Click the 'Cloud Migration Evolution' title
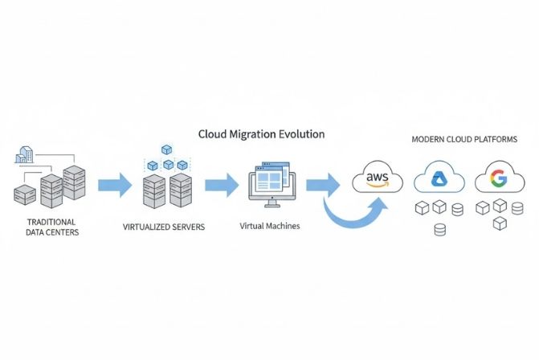click(261, 134)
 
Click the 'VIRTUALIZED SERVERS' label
click(164, 227)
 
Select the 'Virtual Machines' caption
click(270, 226)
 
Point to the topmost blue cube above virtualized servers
click(167, 149)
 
